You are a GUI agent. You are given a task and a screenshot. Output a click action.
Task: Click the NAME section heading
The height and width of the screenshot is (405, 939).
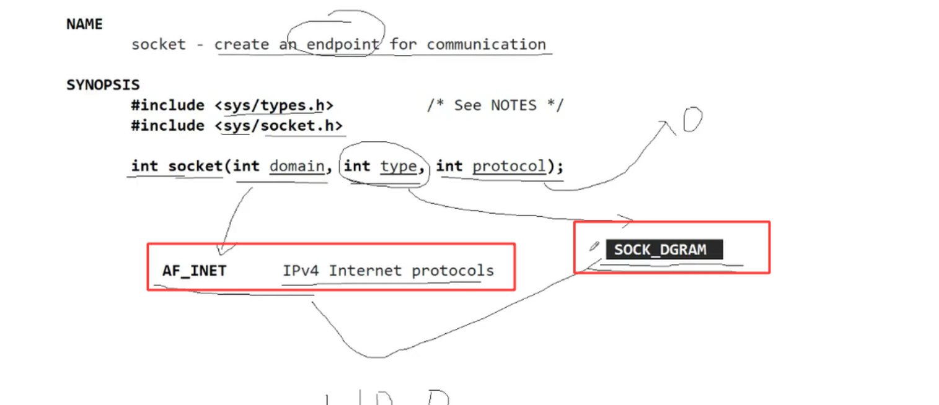click(x=84, y=24)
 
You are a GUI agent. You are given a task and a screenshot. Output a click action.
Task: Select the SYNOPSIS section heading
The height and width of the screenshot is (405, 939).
click(x=103, y=85)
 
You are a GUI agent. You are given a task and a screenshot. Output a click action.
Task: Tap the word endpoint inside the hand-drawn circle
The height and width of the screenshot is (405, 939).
click(x=343, y=45)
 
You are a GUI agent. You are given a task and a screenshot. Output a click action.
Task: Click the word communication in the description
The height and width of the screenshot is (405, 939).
click(x=486, y=45)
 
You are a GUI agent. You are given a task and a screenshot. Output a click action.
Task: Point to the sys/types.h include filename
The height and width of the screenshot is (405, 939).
click(x=274, y=105)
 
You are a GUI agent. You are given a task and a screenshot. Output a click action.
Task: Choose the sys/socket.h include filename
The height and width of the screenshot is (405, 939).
click(x=278, y=126)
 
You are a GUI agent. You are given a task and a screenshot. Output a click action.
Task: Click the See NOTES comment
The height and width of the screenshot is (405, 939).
click(x=495, y=105)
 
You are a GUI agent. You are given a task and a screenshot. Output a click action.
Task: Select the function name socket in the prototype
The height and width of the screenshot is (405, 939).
click(x=195, y=167)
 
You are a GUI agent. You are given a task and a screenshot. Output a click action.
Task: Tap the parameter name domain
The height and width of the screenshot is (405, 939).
click(x=297, y=167)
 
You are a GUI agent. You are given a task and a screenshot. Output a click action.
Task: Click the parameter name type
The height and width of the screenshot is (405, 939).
click(x=398, y=167)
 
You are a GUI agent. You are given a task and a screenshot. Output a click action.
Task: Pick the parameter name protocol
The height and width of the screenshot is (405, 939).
click(x=509, y=167)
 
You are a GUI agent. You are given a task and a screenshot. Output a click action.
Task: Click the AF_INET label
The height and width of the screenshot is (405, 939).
click(x=194, y=271)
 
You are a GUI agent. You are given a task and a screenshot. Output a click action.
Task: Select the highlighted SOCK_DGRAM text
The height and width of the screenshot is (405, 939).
click(x=659, y=250)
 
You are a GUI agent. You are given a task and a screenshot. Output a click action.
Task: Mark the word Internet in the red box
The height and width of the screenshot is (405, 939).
click(x=366, y=271)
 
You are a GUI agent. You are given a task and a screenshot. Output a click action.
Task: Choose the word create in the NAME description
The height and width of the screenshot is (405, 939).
click(x=242, y=45)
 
